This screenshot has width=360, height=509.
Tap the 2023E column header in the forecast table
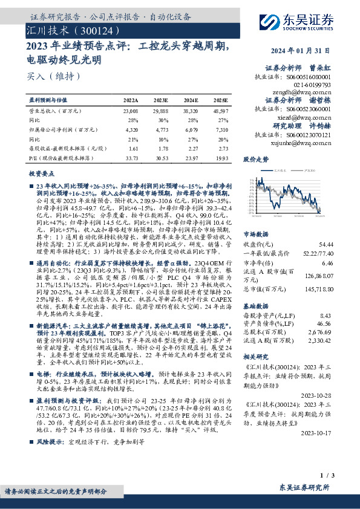pyautogui.click(x=160, y=100)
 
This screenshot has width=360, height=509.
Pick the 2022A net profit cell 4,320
pyautogui.click(x=131, y=129)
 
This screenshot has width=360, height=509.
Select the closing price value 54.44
pyautogui.click(x=326, y=244)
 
